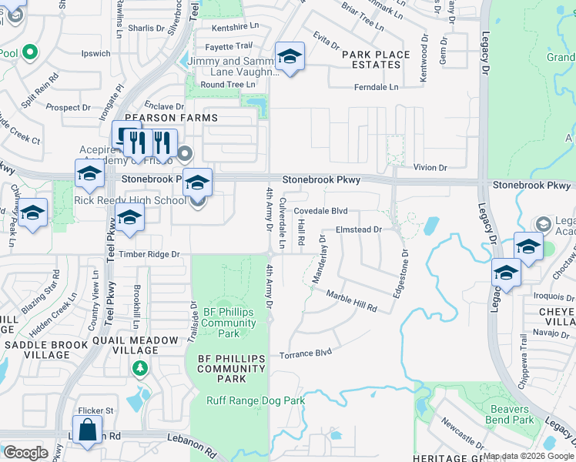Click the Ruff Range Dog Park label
pyautogui.click(x=256, y=400)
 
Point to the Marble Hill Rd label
pyautogui.click(x=351, y=301)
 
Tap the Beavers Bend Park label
pyautogui.click(x=510, y=414)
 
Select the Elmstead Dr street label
pyautogui.click(x=359, y=229)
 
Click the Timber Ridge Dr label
pyautogui.click(x=149, y=253)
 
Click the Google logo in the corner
pyautogui.click(x=25, y=452)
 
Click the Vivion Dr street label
pyautogui.click(x=430, y=167)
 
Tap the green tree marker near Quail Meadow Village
pyautogui.click(x=139, y=369)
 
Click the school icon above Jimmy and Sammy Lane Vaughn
pyautogui.click(x=290, y=56)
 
